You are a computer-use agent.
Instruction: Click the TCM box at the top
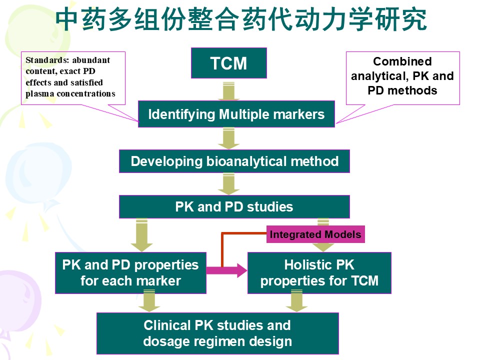[x=229, y=63]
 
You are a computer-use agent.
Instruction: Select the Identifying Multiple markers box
[x=236, y=114]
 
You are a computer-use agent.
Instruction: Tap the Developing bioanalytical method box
[x=234, y=161]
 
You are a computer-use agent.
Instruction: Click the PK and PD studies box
[x=234, y=206]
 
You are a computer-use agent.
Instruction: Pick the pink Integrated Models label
[x=315, y=234]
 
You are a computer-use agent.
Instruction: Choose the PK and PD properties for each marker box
[x=130, y=273]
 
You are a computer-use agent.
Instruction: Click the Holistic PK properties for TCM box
[x=319, y=273]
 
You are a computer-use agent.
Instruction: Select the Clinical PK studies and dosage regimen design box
[x=217, y=333]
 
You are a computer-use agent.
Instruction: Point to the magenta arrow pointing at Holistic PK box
[x=226, y=270]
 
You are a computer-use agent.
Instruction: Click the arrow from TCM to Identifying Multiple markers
[x=228, y=91]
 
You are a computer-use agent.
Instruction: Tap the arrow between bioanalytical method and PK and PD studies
[x=228, y=184]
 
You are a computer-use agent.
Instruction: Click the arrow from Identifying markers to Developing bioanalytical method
[x=228, y=138]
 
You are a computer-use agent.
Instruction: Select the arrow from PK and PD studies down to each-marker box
[x=141, y=235]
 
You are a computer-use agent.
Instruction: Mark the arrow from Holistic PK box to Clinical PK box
[x=296, y=301]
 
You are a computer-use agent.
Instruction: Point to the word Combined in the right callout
[x=402, y=61]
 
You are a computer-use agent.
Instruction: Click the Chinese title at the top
[x=241, y=19]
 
